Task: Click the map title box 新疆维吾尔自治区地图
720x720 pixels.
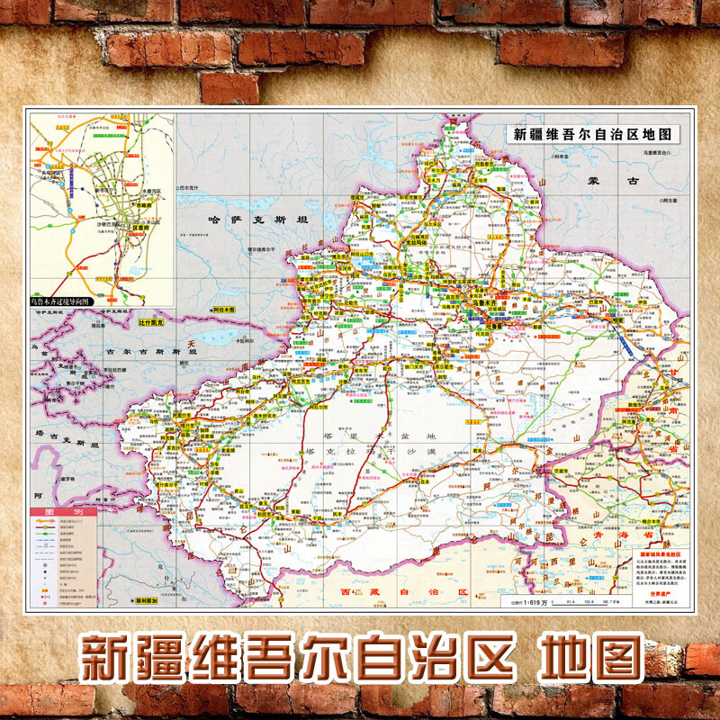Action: (595, 135)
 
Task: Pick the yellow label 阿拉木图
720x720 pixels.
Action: (225, 308)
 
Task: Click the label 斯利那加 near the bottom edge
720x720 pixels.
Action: (146, 599)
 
